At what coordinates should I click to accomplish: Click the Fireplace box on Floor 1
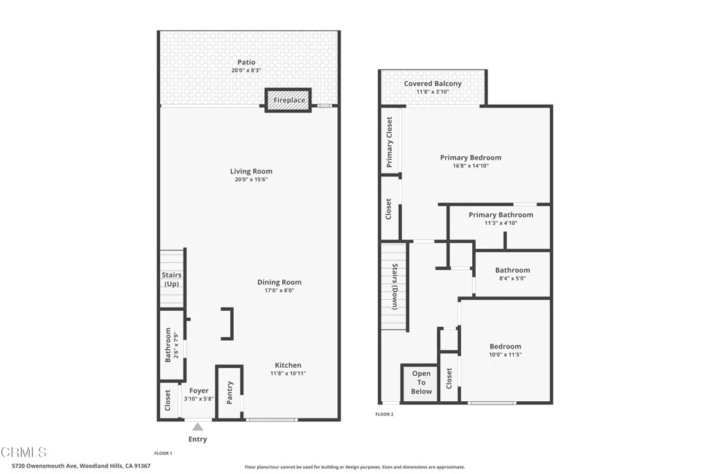pos(288,100)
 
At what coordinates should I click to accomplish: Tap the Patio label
pos(246,62)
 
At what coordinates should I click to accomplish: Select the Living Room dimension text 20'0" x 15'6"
pos(251,180)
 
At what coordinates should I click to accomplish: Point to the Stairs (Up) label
pos(172,280)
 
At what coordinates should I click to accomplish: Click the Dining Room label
pos(279,282)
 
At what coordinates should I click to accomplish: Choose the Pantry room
pos(230,393)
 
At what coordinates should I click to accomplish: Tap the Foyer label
pos(199,391)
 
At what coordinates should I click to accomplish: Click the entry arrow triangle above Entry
pos(198,428)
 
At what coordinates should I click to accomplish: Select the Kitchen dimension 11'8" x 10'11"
pos(288,373)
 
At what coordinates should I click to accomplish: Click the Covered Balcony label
pos(433,84)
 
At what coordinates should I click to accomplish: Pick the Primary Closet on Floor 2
pos(390,142)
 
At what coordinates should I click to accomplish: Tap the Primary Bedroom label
pos(470,158)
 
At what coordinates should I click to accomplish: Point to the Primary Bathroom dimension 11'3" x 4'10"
pos(501,223)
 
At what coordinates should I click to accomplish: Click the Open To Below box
pos(421,382)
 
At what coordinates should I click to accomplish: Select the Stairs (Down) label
pos(394,285)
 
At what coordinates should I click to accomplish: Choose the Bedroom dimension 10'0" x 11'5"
pos(505,355)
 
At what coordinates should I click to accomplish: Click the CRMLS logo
pos(24,452)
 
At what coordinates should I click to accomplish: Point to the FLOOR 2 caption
pos(384,414)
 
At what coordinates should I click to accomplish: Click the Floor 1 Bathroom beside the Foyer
pos(169,345)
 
